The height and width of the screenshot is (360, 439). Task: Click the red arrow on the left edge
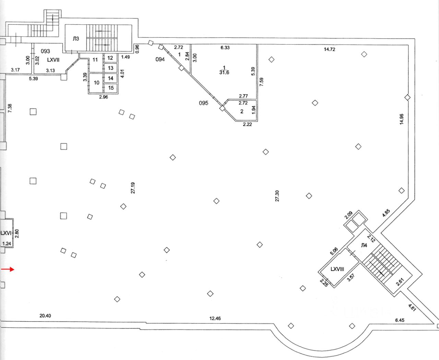[8, 269]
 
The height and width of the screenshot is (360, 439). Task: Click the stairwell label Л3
[76, 39]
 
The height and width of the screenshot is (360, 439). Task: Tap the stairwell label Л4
[364, 245]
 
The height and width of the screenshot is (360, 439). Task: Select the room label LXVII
[53, 60]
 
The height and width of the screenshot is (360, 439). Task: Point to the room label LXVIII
[337, 269]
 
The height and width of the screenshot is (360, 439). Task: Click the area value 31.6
[224, 73]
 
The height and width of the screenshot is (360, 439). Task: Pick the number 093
[45, 51]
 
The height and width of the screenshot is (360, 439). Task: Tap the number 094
[160, 59]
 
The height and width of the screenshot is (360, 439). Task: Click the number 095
[204, 103]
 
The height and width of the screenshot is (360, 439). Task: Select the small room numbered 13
[110, 68]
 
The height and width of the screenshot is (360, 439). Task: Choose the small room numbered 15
[111, 88]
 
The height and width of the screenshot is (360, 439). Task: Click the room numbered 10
[96, 83]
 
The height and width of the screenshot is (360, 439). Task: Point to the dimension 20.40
[45, 316]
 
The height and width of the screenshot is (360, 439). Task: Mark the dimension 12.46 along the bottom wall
[215, 319]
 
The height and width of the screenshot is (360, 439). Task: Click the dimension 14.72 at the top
[329, 49]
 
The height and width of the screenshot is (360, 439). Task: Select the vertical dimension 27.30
[277, 196]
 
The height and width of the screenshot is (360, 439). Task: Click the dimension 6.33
[225, 48]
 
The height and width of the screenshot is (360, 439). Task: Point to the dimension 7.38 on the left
[10, 109]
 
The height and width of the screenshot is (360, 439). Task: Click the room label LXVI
[6, 233]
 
